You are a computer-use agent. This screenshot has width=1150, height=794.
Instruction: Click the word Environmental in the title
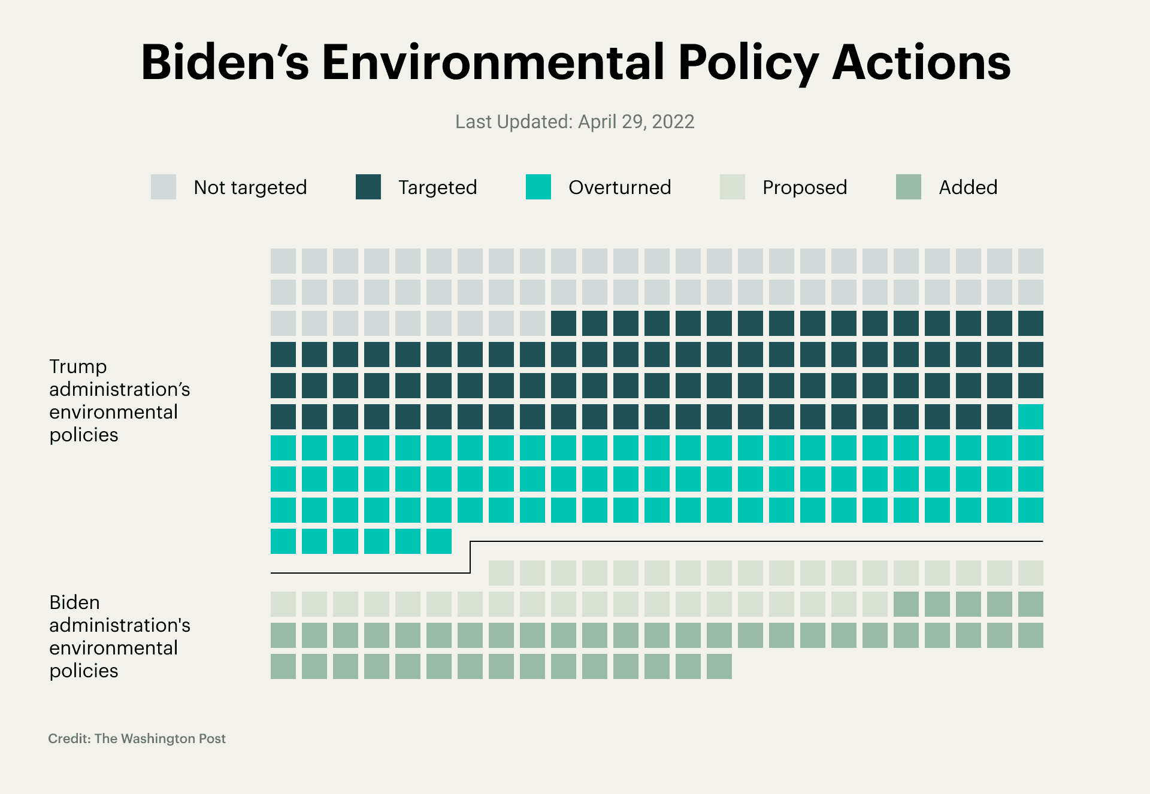(493, 62)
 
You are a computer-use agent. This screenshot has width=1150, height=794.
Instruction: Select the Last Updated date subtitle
(574, 122)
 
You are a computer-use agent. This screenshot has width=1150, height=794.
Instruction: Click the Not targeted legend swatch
(164, 187)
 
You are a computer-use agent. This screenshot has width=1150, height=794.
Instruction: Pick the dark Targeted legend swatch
(368, 187)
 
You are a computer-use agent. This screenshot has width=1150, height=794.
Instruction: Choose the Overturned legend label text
(619, 187)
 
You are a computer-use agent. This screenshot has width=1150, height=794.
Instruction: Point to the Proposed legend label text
(804, 187)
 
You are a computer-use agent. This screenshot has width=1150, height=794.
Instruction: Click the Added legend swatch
(908, 187)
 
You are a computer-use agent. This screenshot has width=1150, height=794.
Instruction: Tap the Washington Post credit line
(137, 738)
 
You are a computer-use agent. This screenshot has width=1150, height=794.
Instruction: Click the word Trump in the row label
(78, 366)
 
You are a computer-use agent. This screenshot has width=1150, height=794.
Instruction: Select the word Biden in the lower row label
(74, 602)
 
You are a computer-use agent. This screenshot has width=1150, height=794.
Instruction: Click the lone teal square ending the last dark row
(1030, 417)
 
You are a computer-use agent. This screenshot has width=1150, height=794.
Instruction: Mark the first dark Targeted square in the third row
(563, 323)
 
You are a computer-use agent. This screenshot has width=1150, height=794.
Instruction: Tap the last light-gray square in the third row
(532, 323)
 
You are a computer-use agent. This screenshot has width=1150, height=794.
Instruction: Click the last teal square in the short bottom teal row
(438, 541)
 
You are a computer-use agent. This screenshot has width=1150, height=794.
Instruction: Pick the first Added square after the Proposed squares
(906, 604)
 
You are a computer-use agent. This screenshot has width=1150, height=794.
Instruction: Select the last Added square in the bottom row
(719, 666)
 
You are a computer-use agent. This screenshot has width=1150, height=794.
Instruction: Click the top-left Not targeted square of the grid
(283, 261)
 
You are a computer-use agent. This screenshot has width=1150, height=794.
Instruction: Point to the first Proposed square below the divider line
(501, 573)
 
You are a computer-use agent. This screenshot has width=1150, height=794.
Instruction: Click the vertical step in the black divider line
(470, 557)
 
